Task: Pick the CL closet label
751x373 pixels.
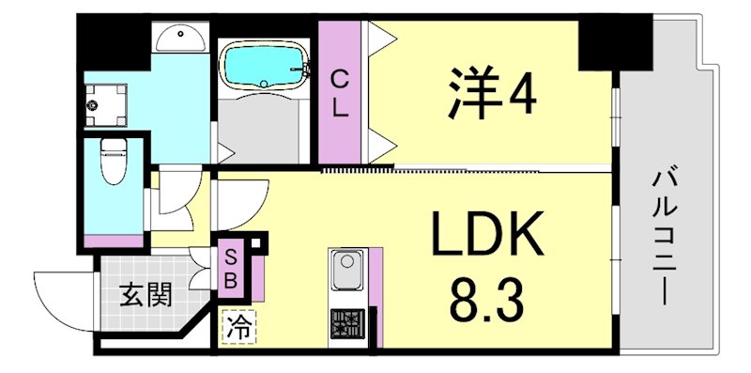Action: tap(340, 93)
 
